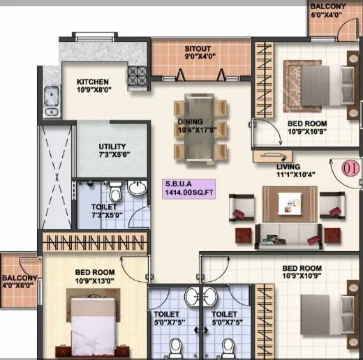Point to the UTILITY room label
point(112,150)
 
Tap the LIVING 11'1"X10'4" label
point(288,171)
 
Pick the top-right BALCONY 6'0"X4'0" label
point(328,10)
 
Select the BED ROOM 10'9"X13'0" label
point(95,277)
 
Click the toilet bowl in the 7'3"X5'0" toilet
point(116,190)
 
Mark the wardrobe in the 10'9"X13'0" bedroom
point(95,243)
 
